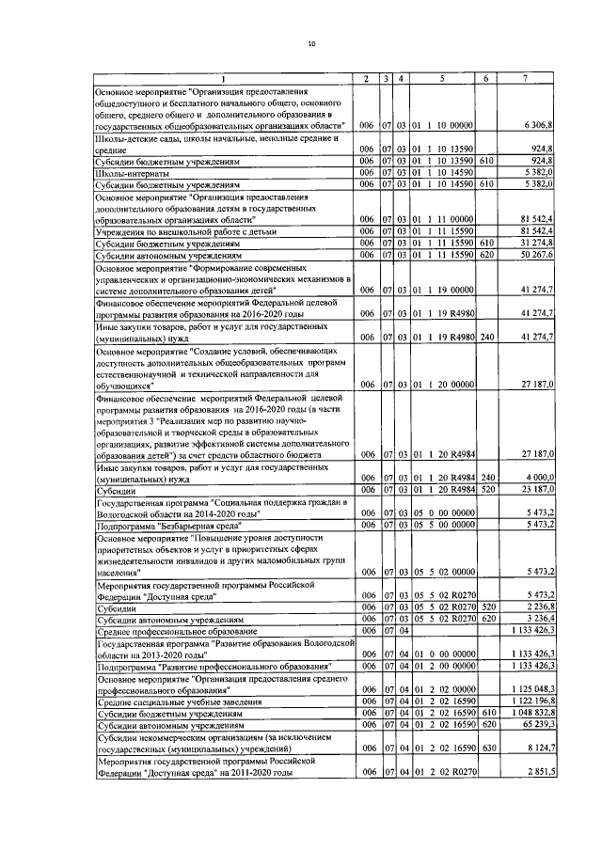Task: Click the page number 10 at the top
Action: (x=311, y=44)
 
